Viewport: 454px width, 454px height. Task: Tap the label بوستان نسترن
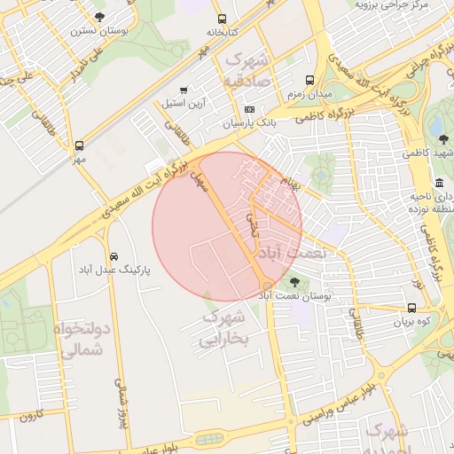(x=98, y=30)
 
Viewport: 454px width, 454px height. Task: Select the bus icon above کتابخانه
(x=221, y=18)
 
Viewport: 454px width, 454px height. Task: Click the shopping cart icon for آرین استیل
(x=184, y=90)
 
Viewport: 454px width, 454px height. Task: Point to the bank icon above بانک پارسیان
(x=249, y=109)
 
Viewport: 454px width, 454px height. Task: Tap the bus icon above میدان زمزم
(x=309, y=79)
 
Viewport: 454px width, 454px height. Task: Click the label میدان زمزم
(x=309, y=93)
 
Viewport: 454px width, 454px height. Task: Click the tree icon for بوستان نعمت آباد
(x=294, y=284)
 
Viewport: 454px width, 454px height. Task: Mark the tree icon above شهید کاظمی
(x=442, y=138)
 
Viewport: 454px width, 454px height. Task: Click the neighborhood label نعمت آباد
(x=292, y=253)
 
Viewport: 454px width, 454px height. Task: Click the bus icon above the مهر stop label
(x=80, y=145)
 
